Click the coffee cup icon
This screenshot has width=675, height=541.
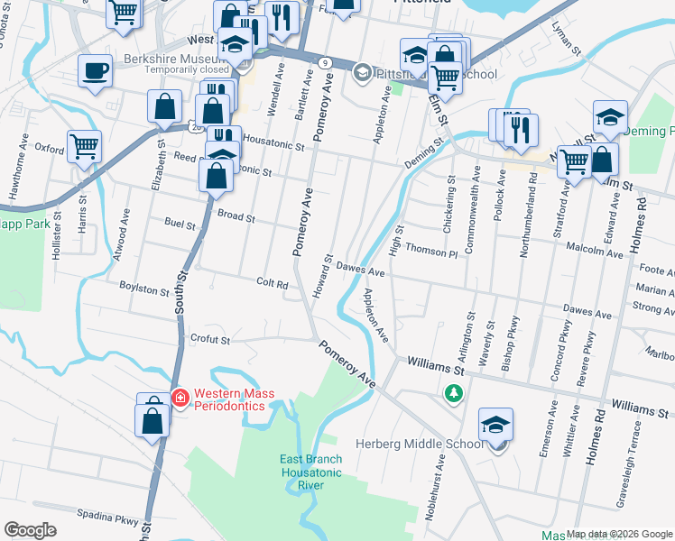click(95, 71)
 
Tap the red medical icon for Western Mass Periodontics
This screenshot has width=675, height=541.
click(179, 398)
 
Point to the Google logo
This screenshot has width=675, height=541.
click(30, 530)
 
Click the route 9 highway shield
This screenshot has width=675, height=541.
click(323, 62)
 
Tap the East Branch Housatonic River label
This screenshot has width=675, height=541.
click(310, 472)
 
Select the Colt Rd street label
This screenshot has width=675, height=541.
click(272, 283)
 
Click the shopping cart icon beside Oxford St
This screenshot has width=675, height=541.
click(84, 145)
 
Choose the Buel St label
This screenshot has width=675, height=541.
click(180, 223)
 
